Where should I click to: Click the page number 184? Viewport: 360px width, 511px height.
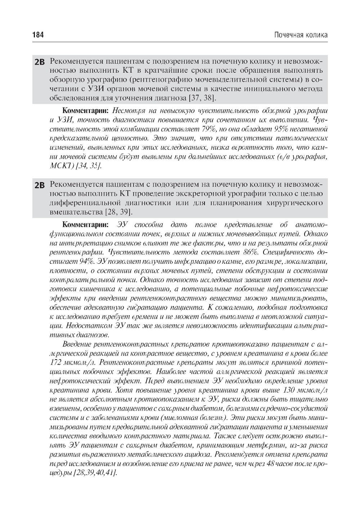[38, 35]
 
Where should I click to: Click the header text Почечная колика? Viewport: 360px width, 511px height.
[301, 35]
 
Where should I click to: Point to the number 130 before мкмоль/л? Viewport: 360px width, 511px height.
[291, 390]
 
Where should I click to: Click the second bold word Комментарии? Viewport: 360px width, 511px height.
[85, 225]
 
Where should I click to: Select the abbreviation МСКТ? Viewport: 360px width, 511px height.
[60, 166]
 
